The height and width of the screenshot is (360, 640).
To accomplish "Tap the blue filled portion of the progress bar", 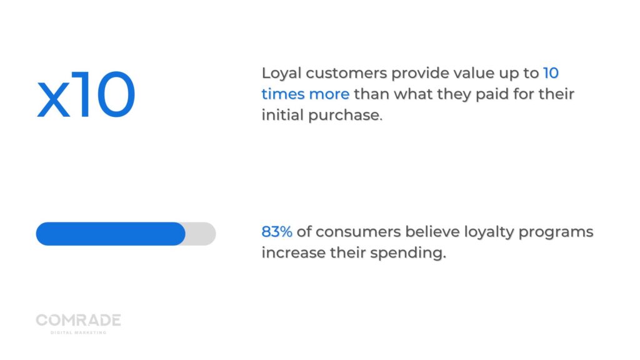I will coord(111,234).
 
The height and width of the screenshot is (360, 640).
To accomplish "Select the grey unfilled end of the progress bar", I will coord(201,234).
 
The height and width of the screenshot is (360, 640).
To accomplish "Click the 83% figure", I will coord(277,232).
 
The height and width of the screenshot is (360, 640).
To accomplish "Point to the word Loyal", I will coord(281,74).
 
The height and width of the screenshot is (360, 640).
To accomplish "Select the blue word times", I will coord(282,94).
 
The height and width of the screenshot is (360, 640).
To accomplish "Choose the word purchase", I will coord(343,116).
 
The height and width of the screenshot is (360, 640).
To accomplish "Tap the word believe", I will coord(432,232).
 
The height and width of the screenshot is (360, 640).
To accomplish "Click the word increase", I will coord(290,254).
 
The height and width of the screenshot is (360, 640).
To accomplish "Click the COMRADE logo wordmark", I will coord(78,321).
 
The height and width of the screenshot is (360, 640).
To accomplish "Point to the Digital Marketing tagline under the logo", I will coord(78,332).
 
